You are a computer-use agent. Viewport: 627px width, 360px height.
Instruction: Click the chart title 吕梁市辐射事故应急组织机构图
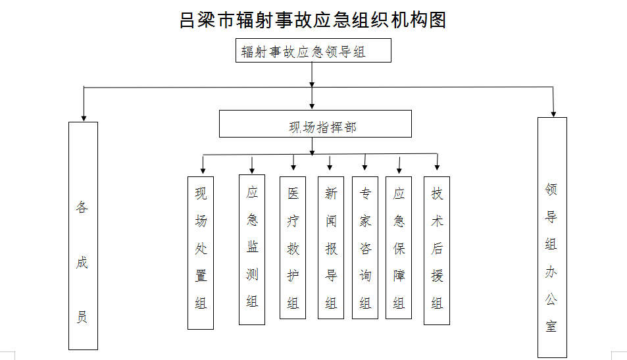tap(313, 20)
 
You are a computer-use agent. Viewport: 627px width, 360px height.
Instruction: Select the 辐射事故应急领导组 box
tap(313, 51)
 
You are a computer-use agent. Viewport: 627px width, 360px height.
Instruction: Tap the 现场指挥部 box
tap(315, 124)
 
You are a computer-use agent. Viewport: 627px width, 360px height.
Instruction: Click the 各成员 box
tap(83, 236)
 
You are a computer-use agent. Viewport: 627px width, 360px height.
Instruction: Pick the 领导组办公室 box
tap(552, 237)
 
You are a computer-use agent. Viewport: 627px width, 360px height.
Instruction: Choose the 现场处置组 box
tap(200, 253)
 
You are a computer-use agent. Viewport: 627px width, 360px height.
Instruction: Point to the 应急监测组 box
tap(251, 249)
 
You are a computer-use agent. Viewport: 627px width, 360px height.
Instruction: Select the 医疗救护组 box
tap(292, 247)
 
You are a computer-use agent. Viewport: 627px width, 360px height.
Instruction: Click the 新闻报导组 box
tap(331, 247)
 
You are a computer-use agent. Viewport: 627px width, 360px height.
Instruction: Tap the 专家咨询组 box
tap(364, 247)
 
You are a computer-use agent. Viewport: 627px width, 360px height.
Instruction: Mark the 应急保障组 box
tap(398, 247)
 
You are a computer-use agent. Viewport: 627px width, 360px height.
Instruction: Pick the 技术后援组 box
tap(437, 250)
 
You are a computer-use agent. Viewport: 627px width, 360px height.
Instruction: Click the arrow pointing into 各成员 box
tap(84, 104)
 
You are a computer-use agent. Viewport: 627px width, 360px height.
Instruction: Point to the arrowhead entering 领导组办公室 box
tap(553, 114)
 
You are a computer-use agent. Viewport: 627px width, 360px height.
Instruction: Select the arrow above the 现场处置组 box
tap(203, 165)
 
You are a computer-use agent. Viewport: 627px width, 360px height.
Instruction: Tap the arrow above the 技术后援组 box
tap(437, 162)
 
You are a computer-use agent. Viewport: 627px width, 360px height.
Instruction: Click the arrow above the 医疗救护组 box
tap(293, 162)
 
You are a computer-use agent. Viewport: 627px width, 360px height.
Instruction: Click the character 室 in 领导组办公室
tap(551, 326)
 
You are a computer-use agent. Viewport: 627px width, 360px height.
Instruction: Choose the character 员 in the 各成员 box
tap(82, 317)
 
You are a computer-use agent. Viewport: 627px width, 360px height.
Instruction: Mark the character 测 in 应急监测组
tap(252, 274)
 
